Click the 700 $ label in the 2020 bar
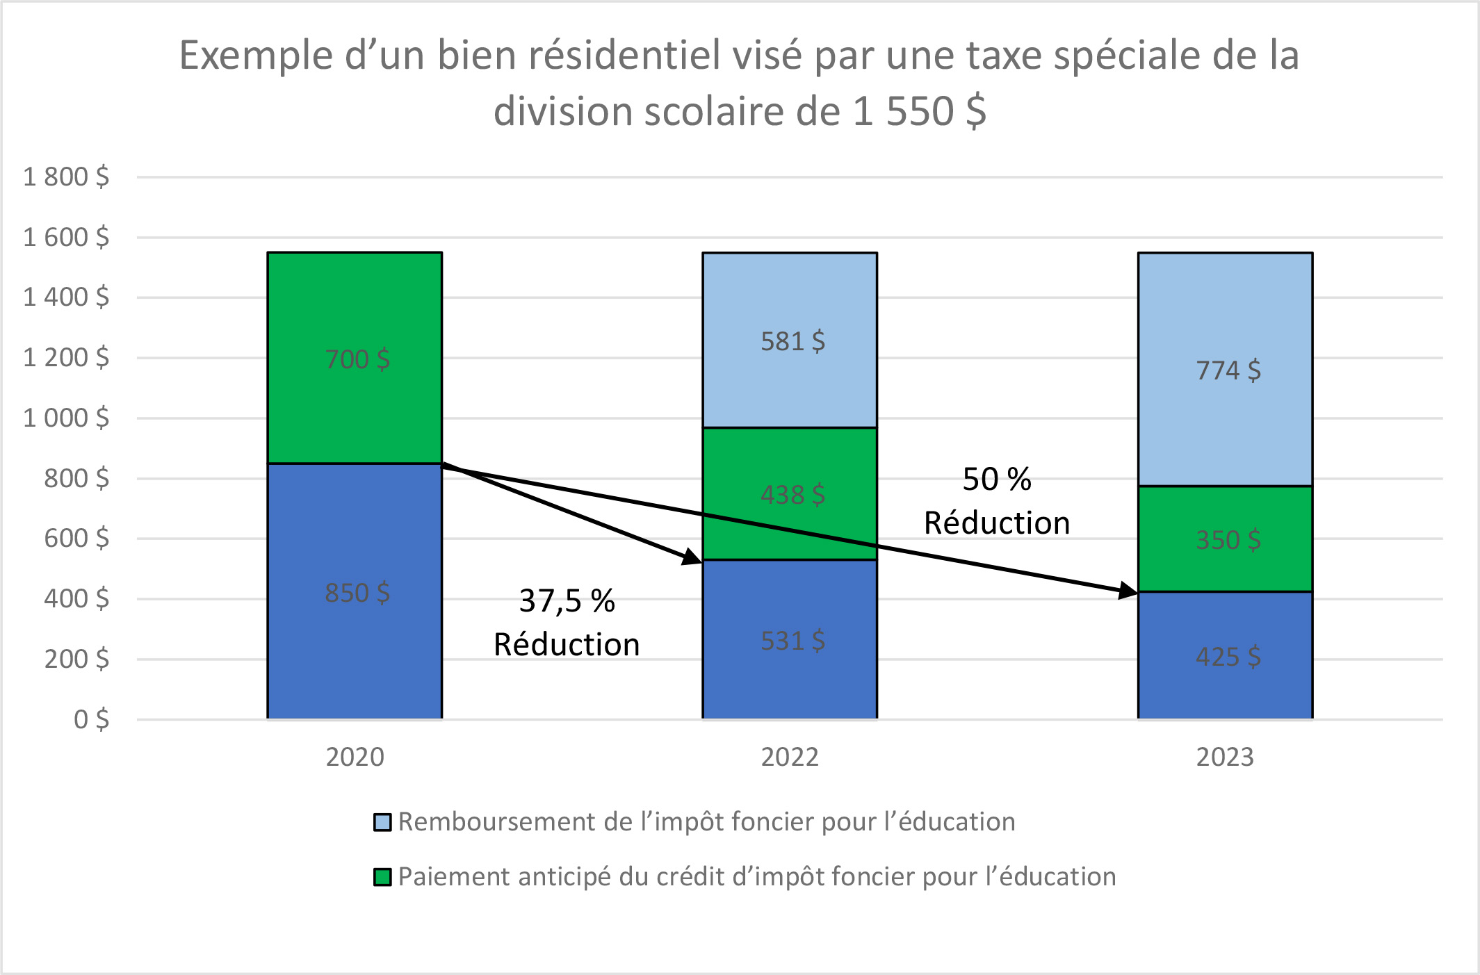click(357, 359)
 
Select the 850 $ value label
click(357, 593)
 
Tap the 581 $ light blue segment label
click(792, 341)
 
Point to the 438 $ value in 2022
click(792, 495)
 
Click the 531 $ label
click(792, 641)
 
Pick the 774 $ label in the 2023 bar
click(1228, 370)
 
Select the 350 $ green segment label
click(1228, 540)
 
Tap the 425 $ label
click(1228, 657)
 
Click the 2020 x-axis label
click(355, 757)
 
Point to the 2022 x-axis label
click(790, 757)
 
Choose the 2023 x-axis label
click(1225, 757)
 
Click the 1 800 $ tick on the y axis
click(66, 177)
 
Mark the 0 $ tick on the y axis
click(91, 719)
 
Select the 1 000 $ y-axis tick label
click(66, 418)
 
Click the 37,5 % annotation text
click(567, 601)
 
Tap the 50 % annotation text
click(996, 480)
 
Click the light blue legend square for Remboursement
click(382, 822)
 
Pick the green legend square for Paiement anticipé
click(382, 877)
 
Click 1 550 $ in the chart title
click(919, 111)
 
